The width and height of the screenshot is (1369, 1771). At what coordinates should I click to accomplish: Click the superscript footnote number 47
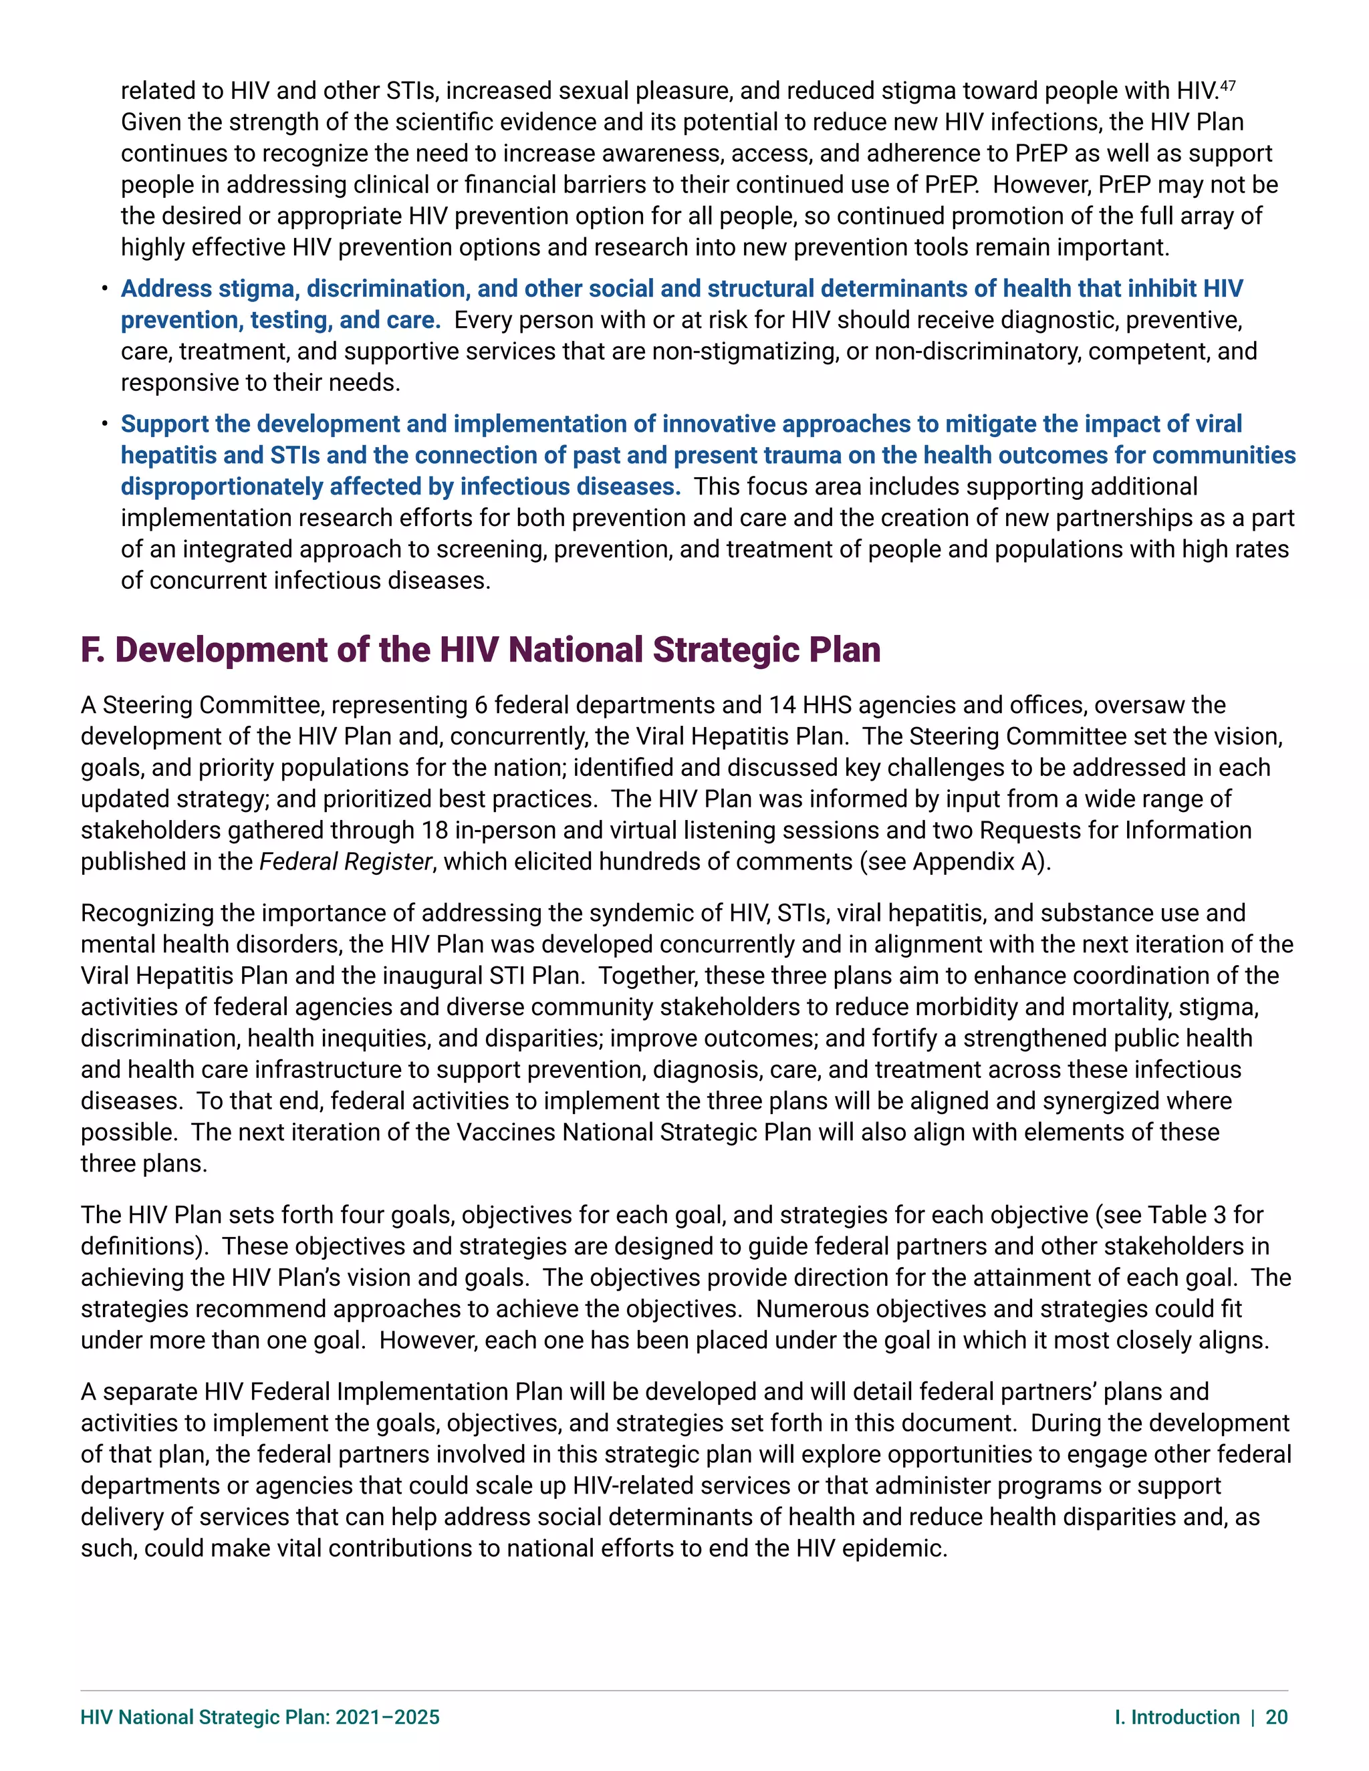(1228, 84)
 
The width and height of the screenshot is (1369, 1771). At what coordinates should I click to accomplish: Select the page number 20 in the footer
(1277, 1717)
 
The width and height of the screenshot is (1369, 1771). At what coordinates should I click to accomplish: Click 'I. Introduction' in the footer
(1176, 1717)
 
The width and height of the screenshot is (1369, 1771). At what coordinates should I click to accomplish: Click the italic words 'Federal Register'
(346, 861)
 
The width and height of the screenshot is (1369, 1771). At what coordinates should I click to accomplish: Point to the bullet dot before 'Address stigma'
(105, 289)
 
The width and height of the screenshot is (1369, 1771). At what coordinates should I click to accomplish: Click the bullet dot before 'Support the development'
(105, 424)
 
